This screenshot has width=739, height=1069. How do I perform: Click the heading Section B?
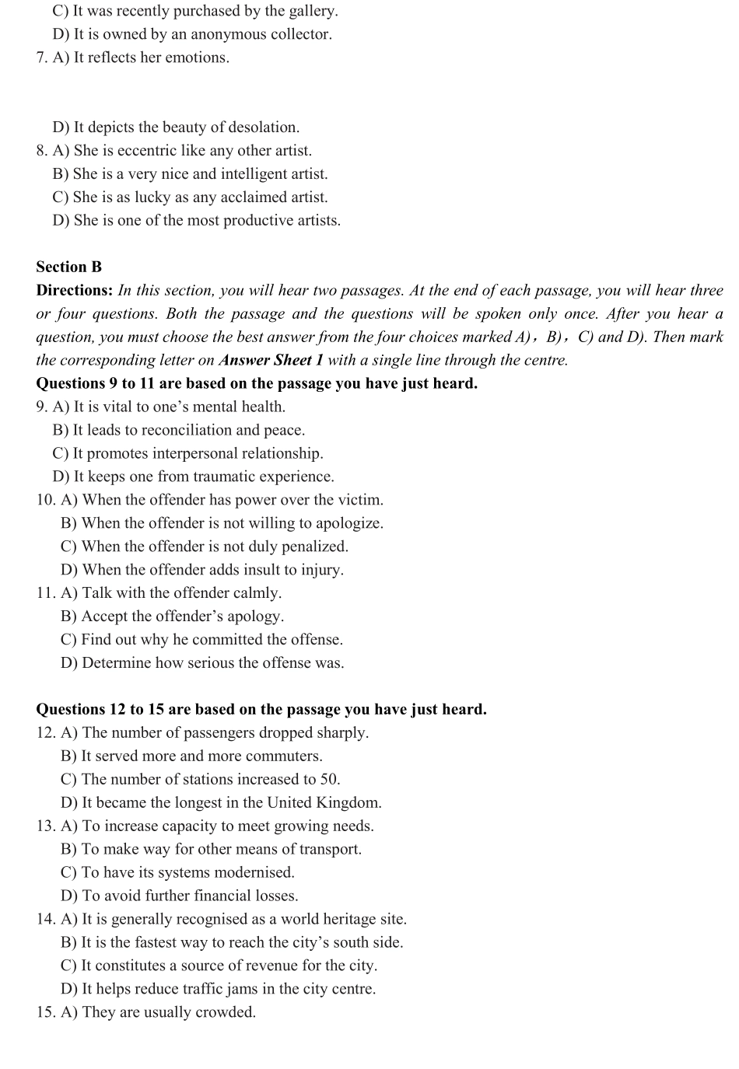pos(68,267)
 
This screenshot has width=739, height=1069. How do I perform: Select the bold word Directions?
pos(75,290)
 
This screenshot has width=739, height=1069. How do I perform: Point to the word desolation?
pos(262,127)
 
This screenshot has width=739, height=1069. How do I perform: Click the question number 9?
pos(41,407)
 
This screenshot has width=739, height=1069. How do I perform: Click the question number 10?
pos(45,500)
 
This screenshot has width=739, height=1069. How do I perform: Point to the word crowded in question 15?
pos(226,1012)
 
